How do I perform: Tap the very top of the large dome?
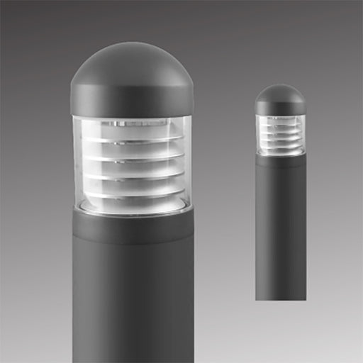click(x=132, y=44)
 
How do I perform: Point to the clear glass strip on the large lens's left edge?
click(x=77, y=163)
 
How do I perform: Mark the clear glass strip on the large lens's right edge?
click(x=187, y=163)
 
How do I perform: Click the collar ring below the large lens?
click(x=133, y=225)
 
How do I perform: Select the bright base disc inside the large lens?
click(x=133, y=207)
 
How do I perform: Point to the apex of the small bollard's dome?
click(x=280, y=85)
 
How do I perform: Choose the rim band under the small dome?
click(x=280, y=108)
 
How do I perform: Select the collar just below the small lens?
click(x=281, y=160)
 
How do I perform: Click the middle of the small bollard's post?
click(x=281, y=227)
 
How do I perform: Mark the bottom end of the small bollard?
click(x=281, y=297)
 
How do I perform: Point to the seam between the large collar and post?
click(x=133, y=243)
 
